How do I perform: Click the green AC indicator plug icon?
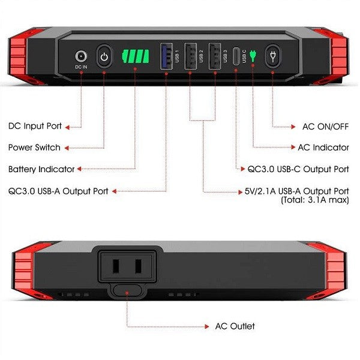[253, 56]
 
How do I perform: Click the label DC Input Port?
[35, 126]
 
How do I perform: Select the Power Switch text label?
[34, 148]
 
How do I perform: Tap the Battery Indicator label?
[41, 169]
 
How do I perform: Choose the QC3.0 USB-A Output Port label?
[58, 191]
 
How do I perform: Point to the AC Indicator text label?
[323, 148]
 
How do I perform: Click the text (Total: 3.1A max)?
[314, 200]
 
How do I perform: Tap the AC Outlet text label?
[235, 326]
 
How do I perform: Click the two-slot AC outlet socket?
[126, 265]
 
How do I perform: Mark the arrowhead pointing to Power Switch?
[67, 148]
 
